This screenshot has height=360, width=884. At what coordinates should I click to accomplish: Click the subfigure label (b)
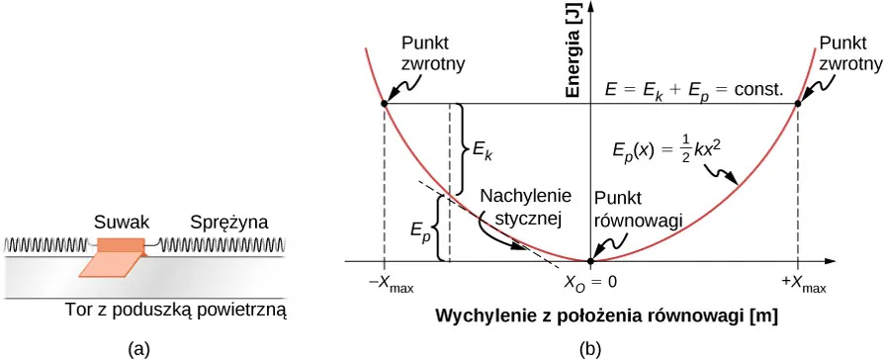[x=590, y=348]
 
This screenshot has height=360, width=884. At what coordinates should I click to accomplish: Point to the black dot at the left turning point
[x=384, y=103]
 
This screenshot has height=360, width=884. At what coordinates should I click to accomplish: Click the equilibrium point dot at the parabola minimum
[x=590, y=261]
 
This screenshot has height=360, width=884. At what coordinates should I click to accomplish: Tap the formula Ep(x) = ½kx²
[x=670, y=152]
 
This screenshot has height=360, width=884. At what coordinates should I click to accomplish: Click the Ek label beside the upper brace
[x=483, y=150]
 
